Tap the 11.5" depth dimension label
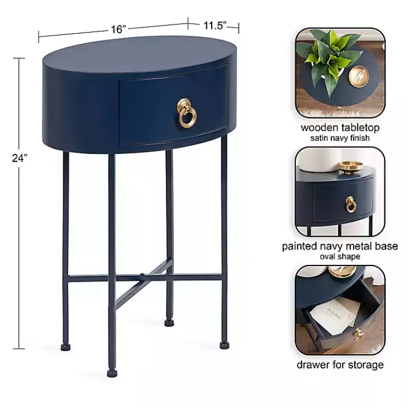[x=214, y=25]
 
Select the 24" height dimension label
[x=20, y=158]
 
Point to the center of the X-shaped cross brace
[x=143, y=276]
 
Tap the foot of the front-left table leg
[x=112, y=373]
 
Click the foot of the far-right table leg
[x=224, y=344]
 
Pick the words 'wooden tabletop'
[x=340, y=128]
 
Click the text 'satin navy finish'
[x=340, y=138]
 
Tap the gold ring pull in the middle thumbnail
[x=351, y=204]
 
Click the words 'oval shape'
[x=340, y=256]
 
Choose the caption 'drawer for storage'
[x=340, y=364]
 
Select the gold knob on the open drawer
[x=358, y=333]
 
